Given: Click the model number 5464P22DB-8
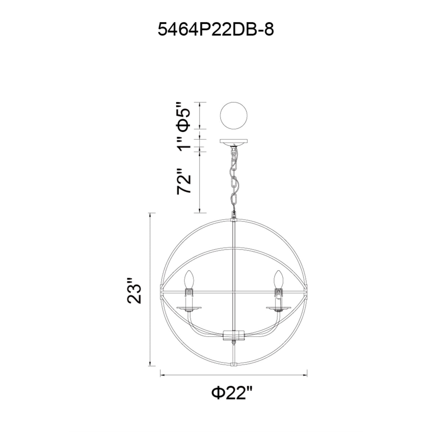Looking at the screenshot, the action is pyautogui.click(x=216, y=30).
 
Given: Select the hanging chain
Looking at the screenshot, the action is pyautogui.click(x=234, y=179).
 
